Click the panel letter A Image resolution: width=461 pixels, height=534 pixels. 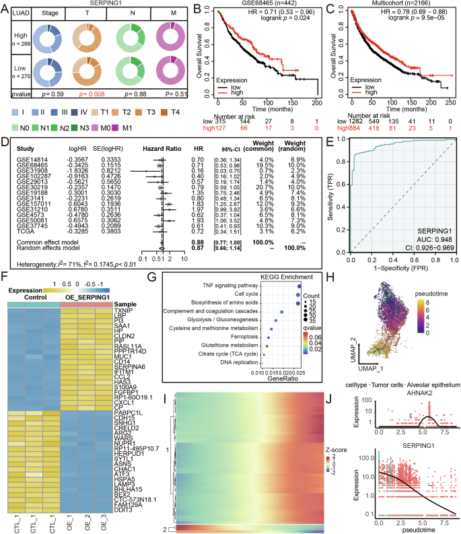[x=5, y=7]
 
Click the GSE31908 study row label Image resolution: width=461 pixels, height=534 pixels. [x=25, y=172]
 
